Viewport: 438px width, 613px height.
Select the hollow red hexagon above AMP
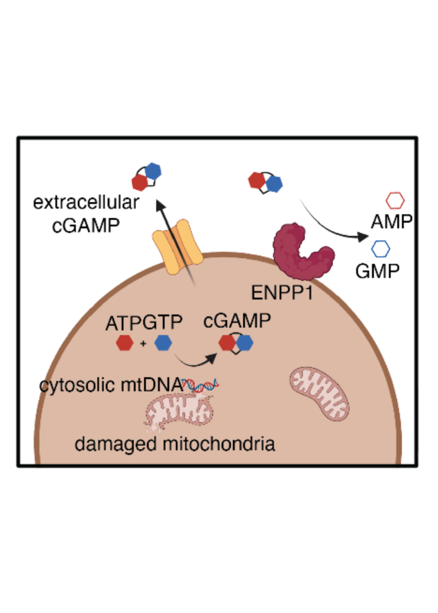[395, 201]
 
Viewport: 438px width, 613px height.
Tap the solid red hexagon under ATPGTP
[125, 343]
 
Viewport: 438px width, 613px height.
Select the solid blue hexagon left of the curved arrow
[163, 343]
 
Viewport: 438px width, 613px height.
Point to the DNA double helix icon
[200, 385]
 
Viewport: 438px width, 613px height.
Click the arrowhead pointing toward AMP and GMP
[362, 237]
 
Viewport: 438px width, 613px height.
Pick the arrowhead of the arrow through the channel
[161, 206]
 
